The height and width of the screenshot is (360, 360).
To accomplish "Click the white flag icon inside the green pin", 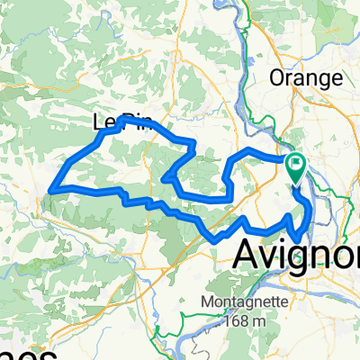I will [296, 164].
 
